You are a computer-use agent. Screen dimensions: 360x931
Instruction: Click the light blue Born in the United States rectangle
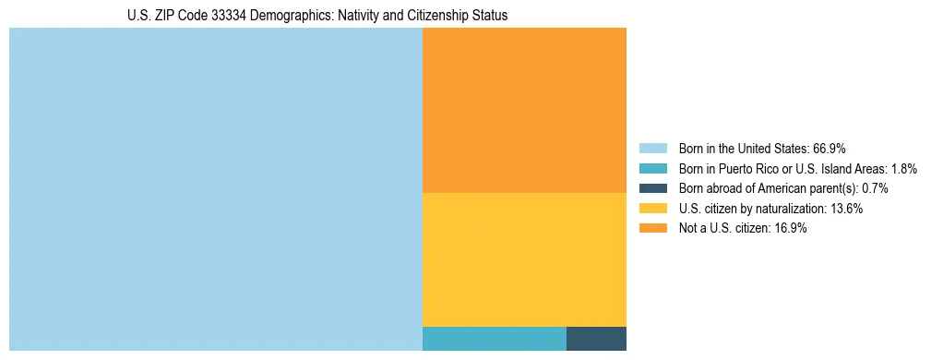pos(215,189)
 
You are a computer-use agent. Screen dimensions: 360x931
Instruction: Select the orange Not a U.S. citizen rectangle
pos(524,110)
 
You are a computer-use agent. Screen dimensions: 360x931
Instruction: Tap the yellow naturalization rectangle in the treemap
pos(524,259)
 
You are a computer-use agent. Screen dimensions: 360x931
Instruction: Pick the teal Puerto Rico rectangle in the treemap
pos(494,339)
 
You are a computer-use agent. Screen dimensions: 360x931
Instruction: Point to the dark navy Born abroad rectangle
pos(596,339)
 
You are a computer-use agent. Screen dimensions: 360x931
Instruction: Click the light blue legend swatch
pos(652,148)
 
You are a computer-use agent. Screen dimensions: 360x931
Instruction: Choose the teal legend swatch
pos(652,168)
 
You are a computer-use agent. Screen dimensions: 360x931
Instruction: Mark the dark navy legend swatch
pos(652,188)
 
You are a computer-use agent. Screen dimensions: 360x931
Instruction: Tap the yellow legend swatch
pos(652,209)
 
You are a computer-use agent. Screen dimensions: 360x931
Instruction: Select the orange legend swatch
pos(652,229)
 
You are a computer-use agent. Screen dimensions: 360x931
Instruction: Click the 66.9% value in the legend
pos(830,148)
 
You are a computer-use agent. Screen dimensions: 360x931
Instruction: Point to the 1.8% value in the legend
pos(904,168)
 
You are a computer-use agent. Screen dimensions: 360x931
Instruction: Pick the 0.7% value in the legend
pos(875,188)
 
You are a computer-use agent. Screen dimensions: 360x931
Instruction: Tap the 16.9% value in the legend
pos(790,229)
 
